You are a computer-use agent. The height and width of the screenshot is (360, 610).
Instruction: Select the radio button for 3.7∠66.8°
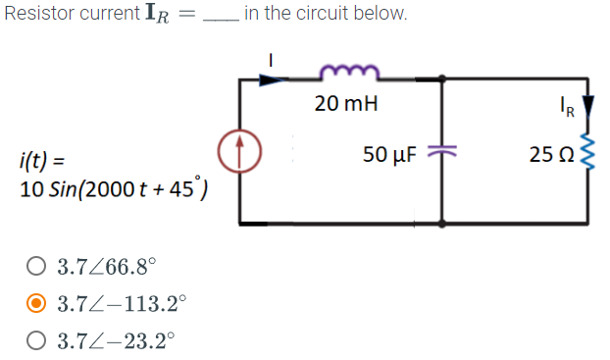(x=35, y=265)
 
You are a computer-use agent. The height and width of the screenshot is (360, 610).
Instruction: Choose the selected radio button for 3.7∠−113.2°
(x=35, y=303)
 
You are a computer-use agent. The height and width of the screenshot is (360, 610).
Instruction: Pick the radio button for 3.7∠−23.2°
(x=35, y=341)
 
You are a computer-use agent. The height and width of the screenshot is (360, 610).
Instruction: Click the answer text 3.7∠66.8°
(x=106, y=265)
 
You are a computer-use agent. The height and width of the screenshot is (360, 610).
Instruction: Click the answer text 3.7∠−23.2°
(x=116, y=341)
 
